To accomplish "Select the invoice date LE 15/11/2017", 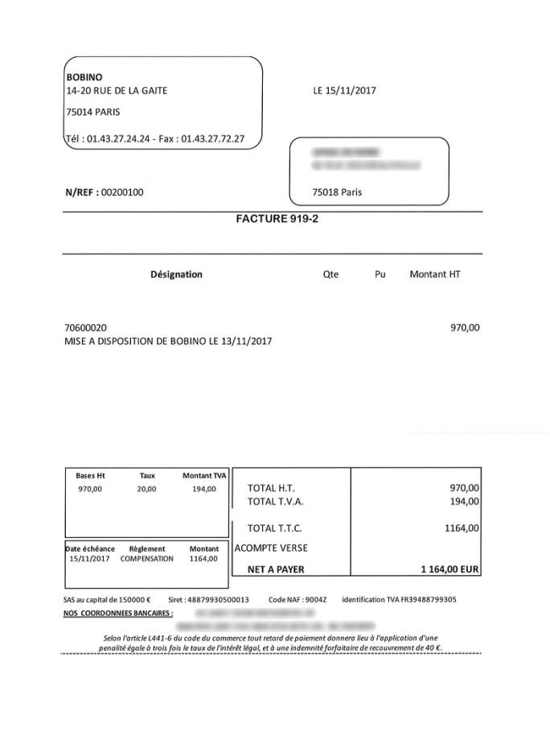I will click(x=344, y=91).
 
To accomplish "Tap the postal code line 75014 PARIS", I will click(x=93, y=113).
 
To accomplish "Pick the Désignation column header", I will click(x=176, y=274).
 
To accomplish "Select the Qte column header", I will click(x=330, y=274).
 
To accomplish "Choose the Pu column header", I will click(x=380, y=274).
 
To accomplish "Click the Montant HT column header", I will click(x=435, y=274).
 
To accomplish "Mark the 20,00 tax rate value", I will click(x=146, y=489).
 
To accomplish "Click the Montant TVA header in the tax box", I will click(x=204, y=475).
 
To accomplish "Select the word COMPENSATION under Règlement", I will click(x=146, y=558).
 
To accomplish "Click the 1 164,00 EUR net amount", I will click(x=449, y=569).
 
